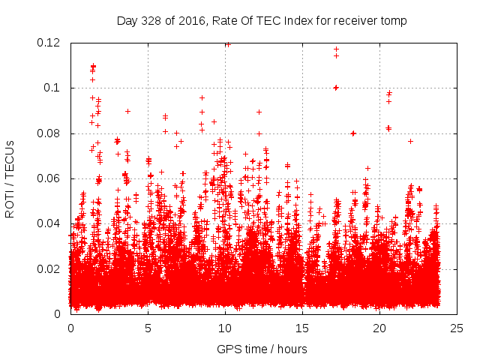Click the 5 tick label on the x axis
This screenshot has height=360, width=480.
coord(148,328)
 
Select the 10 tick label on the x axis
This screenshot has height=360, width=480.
coord(225,328)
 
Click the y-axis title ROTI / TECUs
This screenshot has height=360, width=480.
coord(10,178)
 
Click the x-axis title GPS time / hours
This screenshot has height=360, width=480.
coord(262,349)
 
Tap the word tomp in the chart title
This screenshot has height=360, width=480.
coord(394,20)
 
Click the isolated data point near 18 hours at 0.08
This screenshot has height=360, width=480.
coord(353,133)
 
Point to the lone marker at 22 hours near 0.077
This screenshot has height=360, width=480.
coord(410,141)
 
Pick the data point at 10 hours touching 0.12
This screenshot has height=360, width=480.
coord(227,44)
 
